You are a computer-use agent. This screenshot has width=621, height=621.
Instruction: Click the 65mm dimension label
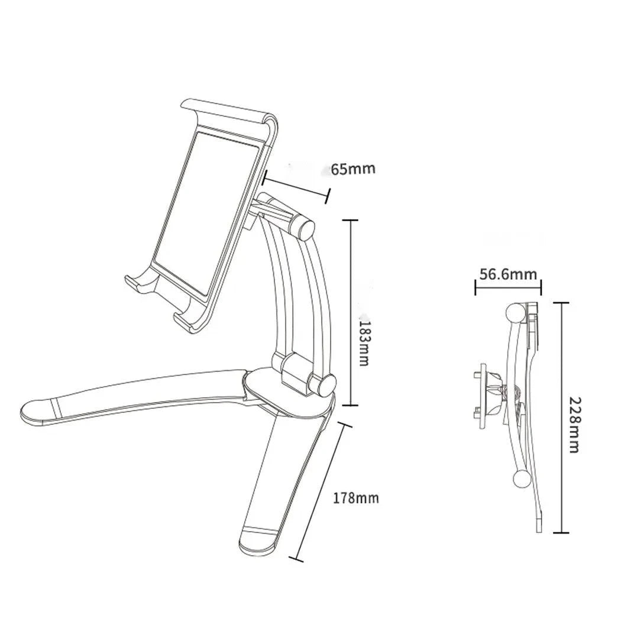[352, 169]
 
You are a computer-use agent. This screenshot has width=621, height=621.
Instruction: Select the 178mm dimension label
[355, 498]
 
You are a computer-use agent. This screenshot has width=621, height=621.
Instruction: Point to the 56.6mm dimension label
[508, 274]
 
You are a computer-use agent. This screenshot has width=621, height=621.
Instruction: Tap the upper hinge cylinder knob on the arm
[303, 228]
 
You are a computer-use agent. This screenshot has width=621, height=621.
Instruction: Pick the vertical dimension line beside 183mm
[351, 312]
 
